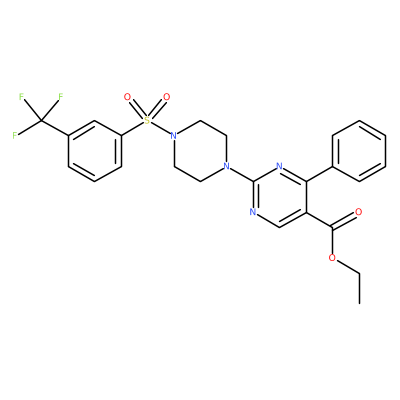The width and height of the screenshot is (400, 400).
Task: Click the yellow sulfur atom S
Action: point(147,120)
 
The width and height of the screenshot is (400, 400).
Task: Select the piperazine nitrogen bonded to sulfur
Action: point(173,136)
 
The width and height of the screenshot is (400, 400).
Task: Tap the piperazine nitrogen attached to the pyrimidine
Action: point(227,166)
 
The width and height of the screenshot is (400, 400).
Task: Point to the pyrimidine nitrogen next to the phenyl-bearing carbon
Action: point(279,166)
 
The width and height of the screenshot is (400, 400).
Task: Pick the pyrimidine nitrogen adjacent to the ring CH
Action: point(253,212)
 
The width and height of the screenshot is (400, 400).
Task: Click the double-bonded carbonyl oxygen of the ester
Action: point(359,212)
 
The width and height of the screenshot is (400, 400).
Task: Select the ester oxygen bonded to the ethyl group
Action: point(332,258)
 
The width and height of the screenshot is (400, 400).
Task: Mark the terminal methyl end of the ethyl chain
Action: point(359,303)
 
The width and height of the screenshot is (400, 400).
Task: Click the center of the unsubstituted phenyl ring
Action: point(359,151)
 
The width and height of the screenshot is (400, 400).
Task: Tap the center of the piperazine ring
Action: point(200,151)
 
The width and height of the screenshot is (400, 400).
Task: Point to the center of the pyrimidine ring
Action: point(279,197)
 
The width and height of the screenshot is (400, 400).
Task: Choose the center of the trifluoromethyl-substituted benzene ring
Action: point(95,151)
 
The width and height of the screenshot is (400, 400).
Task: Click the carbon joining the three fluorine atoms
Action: point(41,120)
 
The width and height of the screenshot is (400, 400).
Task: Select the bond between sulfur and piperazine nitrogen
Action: point(160,128)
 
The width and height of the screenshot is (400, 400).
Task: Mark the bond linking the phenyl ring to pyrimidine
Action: point(319,174)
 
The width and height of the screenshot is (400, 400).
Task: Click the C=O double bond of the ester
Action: point(345,220)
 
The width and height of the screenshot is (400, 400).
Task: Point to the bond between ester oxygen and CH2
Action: point(347,266)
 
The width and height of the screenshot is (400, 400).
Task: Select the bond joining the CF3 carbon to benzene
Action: point(55,128)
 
